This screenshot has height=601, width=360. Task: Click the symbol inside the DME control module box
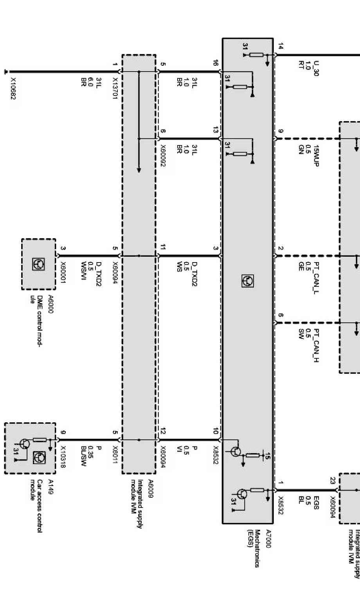click(x=38, y=263)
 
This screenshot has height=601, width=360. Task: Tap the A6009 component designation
click(x=151, y=488)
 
